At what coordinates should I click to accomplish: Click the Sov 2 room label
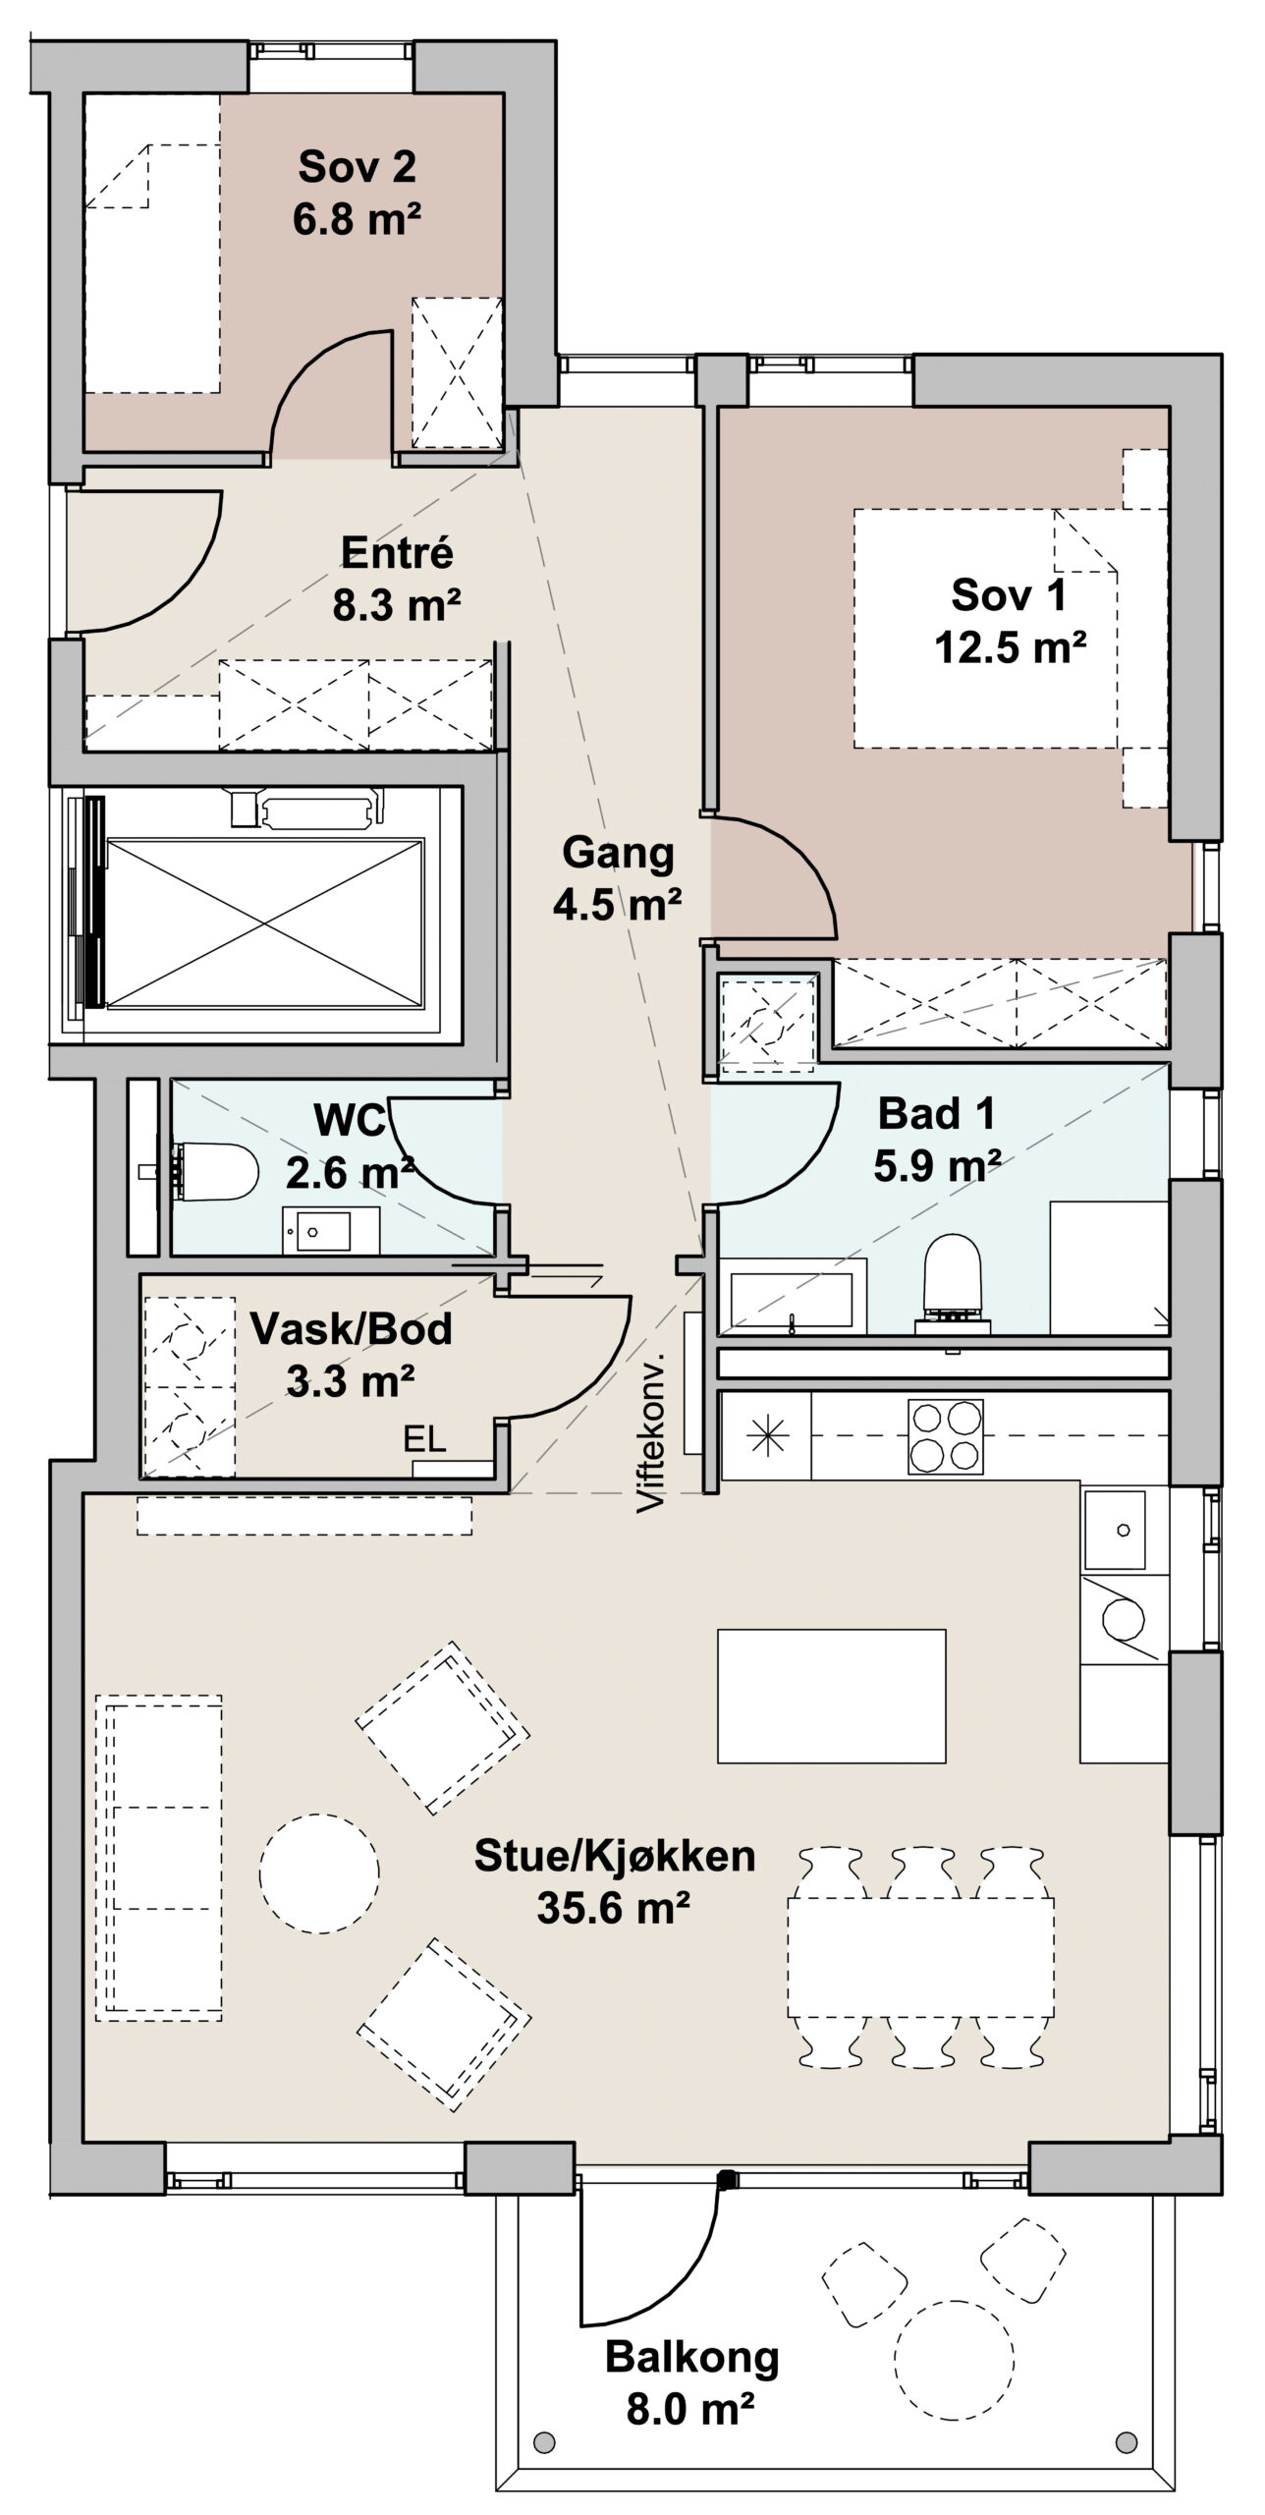[x=357, y=167]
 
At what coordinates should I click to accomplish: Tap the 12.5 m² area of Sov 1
[x=1010, y=647]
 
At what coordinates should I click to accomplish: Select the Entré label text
[x=397, y=553]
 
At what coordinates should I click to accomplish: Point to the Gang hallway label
[x=618, y=854]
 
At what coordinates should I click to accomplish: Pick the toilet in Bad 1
[x=953, y=1282]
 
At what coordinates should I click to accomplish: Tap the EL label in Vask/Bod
[x=425, y=1440]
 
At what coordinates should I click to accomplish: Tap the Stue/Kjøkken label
[x=615, y=1856]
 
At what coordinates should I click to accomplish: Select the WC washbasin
[x=316, y=1230]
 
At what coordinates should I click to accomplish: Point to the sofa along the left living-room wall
[x=159, y=1857]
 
